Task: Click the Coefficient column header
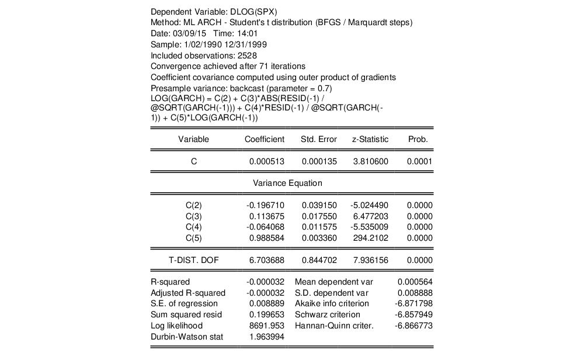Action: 264,140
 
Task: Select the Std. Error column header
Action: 318,140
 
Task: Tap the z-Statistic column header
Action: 370,140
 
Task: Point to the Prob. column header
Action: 418,140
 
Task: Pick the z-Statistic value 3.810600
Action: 370,162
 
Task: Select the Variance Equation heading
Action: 287,183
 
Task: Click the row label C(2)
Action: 193,206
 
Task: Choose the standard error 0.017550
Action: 319,216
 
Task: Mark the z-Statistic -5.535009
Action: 369,227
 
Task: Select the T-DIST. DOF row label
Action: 193,260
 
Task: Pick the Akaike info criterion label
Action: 332,304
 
